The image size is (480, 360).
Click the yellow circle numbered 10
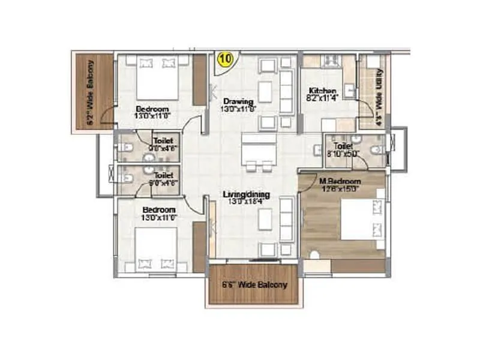pyautogui.click(x=225, y=59)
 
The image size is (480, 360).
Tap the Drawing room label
pyautogui.click(x=239, y=101)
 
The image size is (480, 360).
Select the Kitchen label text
pyautogui.click(x=318, y=91)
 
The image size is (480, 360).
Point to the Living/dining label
pyautogui.click(x=247, y=195)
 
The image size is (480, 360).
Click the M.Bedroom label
pyautogui.click(x=340, y=181)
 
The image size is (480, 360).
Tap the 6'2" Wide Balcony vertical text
pyautogui.click(x=90, y=93)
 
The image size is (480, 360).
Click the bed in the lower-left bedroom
pyautogui.click(x=156, y=249)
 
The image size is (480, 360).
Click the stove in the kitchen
pyautogui.click(x=330, y=60)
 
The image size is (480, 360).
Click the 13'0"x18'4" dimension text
pyautogui.click(x=247, y=203)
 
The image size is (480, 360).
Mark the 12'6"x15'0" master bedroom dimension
pyautogui.click(x=340, y=189)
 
